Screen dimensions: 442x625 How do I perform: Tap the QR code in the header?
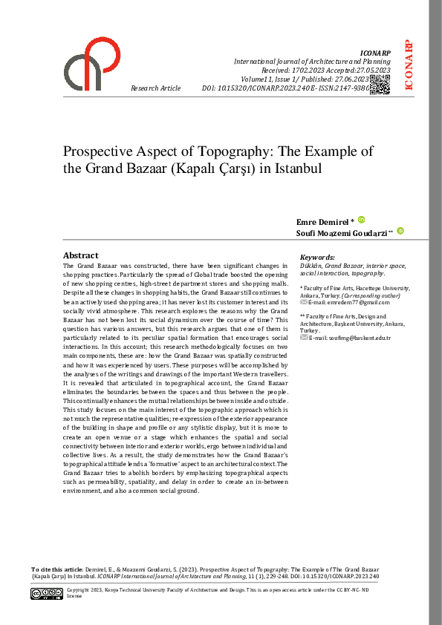tap(380, 85)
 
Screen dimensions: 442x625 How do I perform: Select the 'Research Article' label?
tap(155, 88)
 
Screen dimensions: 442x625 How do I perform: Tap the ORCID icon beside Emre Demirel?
tap(362, 220)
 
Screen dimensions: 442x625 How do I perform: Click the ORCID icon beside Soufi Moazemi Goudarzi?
tap(400, 232)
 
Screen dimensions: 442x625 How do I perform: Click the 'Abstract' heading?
tap(80, 255)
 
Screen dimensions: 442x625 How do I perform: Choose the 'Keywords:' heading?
tap(318, 258)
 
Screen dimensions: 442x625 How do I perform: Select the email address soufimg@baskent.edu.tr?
tap(344, 338)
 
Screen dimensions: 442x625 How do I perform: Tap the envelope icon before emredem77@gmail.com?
tap(303, 302)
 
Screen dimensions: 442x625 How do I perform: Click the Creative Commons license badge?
tap(46, 594)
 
